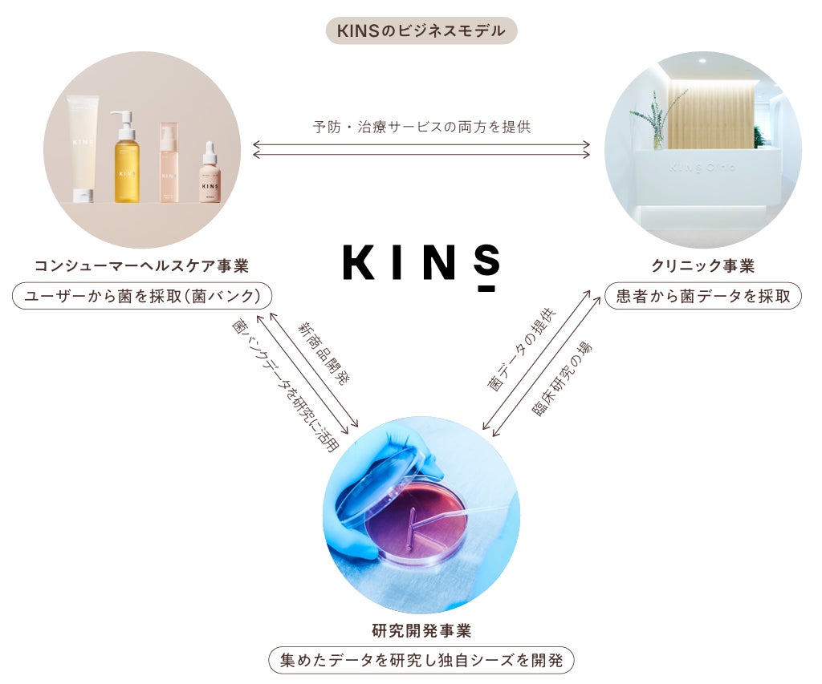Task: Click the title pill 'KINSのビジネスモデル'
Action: point(421,31)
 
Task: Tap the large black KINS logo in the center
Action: point(421,261)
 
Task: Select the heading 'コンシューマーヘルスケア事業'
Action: point(141,266)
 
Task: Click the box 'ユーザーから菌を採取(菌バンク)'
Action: point(141,296)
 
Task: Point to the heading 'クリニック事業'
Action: point(702,266)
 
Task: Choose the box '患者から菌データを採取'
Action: point(702,296)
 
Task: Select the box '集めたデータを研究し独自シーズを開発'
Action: point(421,661)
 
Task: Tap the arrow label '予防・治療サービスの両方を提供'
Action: point(421,127)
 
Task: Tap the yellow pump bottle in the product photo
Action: point(126,164)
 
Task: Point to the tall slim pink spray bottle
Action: point(169,164)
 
